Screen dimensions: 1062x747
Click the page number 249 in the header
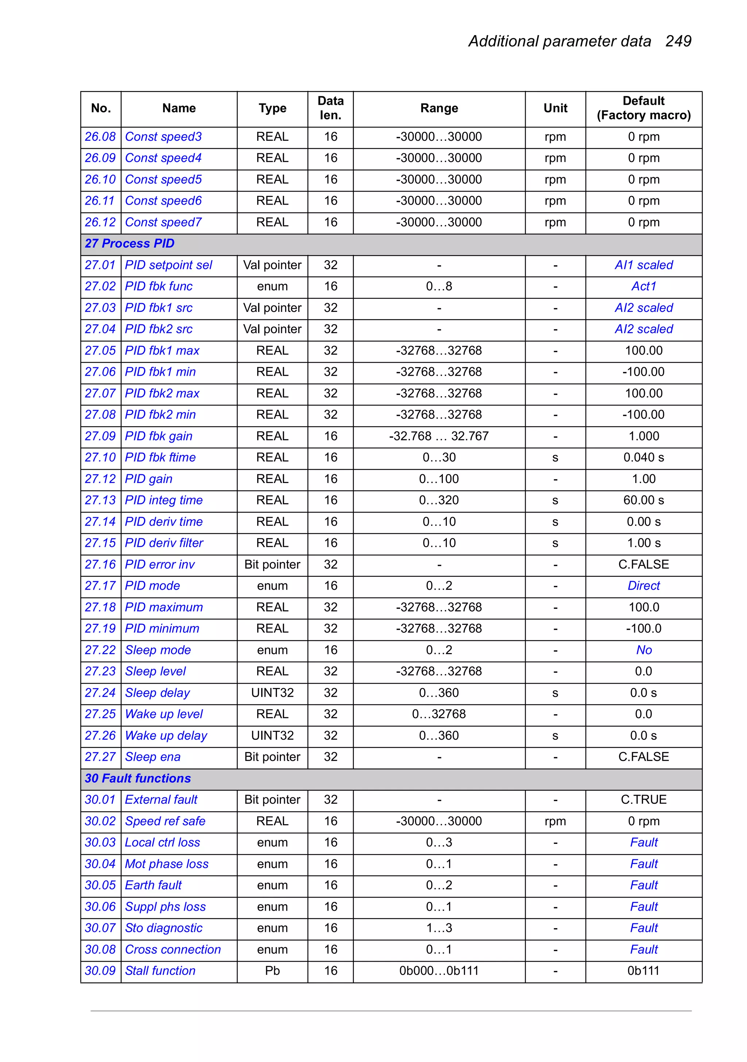point(678,41)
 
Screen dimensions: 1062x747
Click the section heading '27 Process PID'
point(129,244)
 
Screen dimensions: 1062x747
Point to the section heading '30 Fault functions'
point(138,779)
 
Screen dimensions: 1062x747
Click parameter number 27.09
point(100,436)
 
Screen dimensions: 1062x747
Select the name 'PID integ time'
point(164,501)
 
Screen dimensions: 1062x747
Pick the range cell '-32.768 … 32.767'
point(438,436)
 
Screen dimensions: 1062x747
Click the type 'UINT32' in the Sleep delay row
point(272,693)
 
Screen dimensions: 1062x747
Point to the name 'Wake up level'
point(164,714)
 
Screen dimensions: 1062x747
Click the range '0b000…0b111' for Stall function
point(438,971)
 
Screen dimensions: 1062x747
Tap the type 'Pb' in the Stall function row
point(272,971)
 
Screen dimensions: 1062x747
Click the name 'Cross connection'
point(173,950)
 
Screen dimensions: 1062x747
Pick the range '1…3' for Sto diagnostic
point(438,928)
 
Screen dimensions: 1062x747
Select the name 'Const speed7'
point(163,223)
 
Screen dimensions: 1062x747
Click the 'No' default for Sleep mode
point(643,650)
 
